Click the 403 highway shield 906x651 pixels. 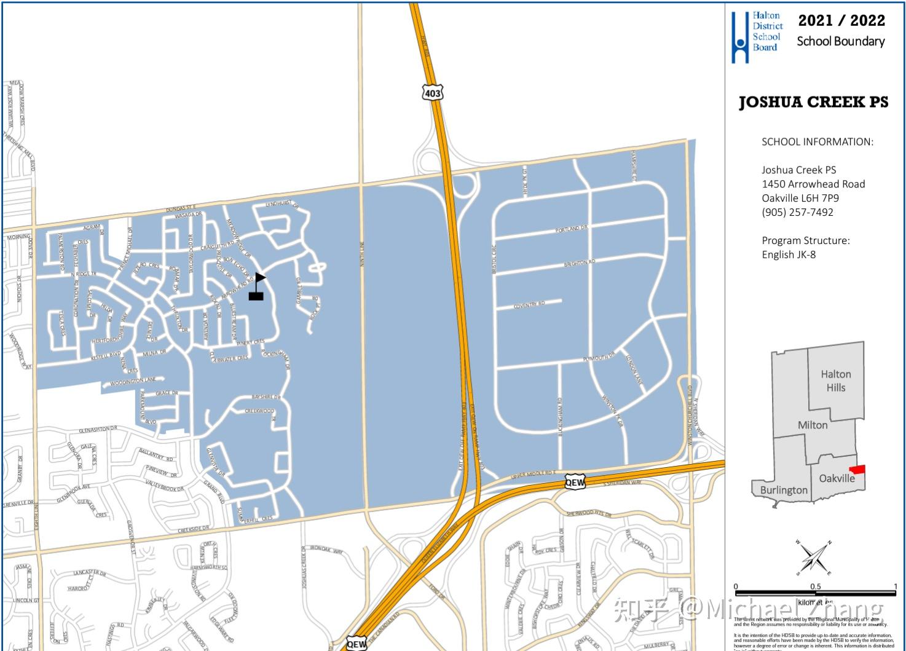coord(432,92)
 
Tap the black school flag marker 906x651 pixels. coord(257,287)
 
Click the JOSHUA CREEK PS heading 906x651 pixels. coord(813,102)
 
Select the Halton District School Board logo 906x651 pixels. coord(757,36)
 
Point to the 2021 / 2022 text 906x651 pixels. coord(841,20)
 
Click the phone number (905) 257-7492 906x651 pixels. coord(797,212)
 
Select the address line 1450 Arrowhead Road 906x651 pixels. coord(813,184)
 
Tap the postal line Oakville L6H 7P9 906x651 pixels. coord(800,198)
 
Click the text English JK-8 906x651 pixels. coord(789,254)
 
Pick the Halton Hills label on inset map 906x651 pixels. coord(835,381)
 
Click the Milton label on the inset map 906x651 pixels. coord(812,425)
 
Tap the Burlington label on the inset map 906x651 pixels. coord(783,490)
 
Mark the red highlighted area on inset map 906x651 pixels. coord(857,469)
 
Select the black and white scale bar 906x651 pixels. coord(815,593)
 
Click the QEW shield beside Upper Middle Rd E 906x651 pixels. coord(575,482)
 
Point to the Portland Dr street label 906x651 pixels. coord(571,229)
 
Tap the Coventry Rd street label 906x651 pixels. coord(529,304)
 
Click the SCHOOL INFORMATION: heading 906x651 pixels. coord(817,142)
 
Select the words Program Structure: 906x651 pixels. coord(805,240)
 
